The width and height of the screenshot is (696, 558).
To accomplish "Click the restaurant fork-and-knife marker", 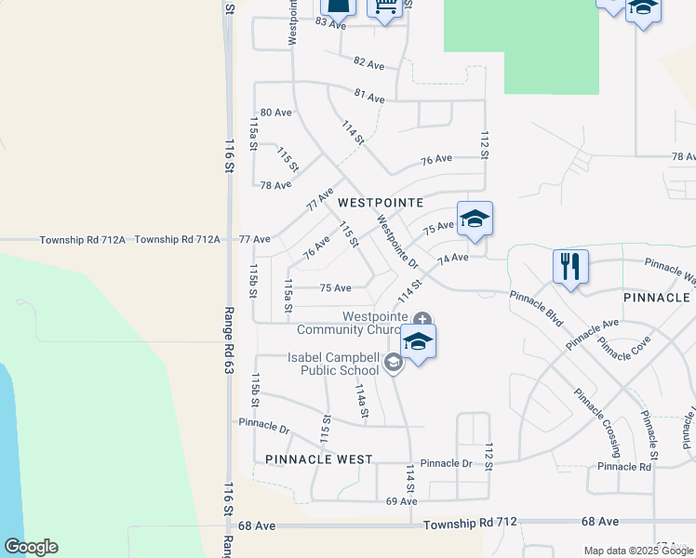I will tap(569, 267).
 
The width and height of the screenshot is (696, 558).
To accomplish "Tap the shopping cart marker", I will tap(383, 7).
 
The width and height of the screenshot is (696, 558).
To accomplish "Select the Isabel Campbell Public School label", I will tap(333, 364).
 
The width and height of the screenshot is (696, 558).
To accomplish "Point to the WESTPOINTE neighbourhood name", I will tap(381, 202).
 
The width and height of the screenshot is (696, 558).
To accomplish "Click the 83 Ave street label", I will tap(330, 22).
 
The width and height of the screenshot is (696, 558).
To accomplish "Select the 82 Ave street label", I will tap(369, 63).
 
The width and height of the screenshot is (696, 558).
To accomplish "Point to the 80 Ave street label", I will tap(276, 113).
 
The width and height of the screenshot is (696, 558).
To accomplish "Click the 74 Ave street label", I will tap(453, 258).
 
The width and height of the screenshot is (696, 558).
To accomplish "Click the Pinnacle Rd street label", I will tap(623, 466).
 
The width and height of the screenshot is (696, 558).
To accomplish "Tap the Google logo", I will tap(31, 547).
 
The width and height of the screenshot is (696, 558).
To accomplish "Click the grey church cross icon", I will tap(423, 318).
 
